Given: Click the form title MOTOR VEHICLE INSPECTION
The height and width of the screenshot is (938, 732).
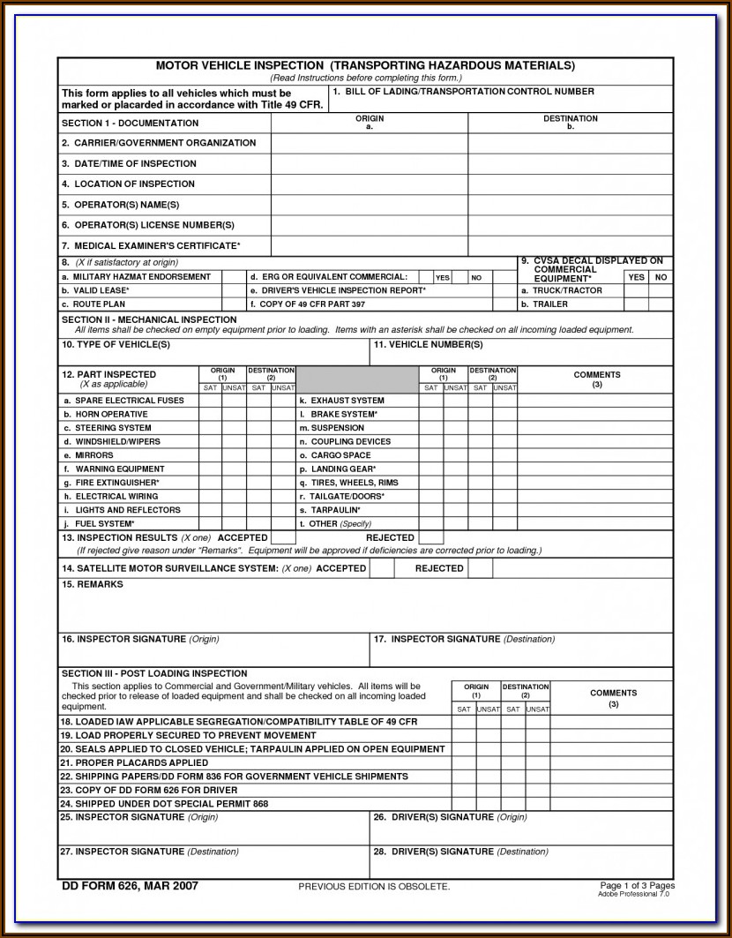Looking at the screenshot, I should [x=240, y=65].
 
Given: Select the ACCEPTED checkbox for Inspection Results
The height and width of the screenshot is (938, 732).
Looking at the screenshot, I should [x=282, y=537].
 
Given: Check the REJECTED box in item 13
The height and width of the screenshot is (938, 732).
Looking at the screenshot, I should [x=430, y=537].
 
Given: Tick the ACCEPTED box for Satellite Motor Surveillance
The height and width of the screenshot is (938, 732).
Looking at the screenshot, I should [x=381, y=568].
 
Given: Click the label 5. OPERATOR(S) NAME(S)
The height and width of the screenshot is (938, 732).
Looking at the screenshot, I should [x=120, y=205].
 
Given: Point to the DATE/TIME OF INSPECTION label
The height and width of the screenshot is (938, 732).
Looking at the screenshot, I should [x=129, y=163].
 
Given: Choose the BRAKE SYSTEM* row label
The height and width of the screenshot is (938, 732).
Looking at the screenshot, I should [x=343, y=414].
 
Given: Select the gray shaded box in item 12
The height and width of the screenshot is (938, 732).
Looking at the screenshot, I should [x=357, y=379].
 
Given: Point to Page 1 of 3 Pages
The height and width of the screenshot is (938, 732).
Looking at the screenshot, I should [x=637, y=884].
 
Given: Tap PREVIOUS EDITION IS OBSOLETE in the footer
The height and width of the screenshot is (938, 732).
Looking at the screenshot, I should [x=374, y=886].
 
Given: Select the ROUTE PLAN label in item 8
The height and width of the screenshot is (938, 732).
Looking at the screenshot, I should [x=100, y=304].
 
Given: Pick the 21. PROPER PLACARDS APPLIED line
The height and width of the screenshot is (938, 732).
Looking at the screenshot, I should [x=134, y=762].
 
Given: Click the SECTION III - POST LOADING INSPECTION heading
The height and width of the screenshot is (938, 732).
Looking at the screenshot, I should [x=154, y=673].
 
